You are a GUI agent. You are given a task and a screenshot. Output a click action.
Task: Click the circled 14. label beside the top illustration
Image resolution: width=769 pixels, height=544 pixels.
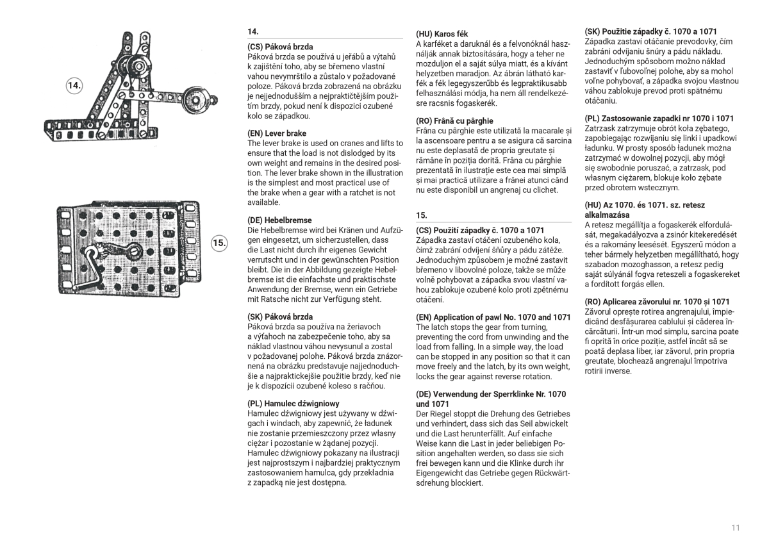tap(75, 86)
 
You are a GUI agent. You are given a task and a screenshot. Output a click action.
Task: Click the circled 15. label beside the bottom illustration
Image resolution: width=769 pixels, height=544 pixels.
tap(219, 242)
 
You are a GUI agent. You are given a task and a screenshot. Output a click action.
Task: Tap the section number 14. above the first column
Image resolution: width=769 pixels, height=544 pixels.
tap(253, 31)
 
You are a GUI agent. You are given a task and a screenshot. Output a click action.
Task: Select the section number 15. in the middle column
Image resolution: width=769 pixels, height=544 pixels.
tap(422, 215)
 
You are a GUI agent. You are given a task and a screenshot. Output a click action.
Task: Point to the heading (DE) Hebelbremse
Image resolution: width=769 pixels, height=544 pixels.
tap(280, 220)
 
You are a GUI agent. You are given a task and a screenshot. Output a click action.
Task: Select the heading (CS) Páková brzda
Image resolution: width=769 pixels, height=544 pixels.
tap(280, 47)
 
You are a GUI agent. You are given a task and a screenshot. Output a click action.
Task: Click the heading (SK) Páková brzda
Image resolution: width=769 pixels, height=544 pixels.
tap(280, 317)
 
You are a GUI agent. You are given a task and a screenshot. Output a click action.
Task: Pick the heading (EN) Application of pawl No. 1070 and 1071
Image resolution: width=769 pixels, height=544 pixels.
tap(493, 317)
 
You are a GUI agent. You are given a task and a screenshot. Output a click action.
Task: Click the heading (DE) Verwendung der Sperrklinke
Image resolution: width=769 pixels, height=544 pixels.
tap(491, 399)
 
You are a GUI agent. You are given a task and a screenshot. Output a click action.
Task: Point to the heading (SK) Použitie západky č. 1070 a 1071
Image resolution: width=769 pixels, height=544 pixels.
tap(650, 31)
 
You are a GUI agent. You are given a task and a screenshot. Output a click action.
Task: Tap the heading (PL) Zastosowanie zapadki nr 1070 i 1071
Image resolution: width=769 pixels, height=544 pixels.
tap(659, 119)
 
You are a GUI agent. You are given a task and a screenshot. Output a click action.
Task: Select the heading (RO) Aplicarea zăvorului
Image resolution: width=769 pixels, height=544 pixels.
tap(657, 302)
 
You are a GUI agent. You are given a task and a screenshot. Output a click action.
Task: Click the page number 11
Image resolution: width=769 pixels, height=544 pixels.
tap(735, 527)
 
